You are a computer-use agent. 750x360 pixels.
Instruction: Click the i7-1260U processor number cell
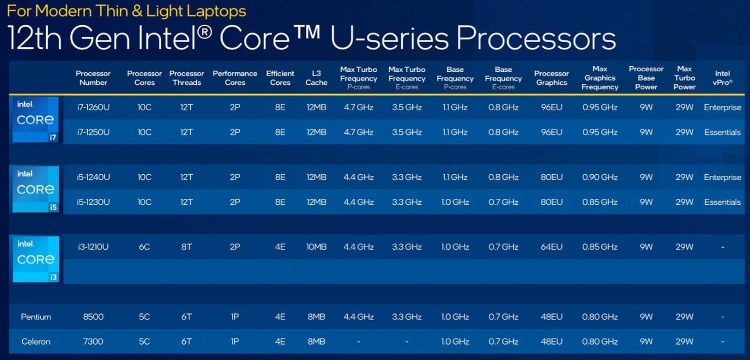click(93, 107)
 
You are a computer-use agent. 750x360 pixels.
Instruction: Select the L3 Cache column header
click(316, 78)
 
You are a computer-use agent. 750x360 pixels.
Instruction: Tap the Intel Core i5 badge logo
click(36, 189)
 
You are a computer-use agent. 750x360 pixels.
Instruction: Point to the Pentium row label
click(36, 317)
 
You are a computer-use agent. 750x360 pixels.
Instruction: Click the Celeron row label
click(36, 341)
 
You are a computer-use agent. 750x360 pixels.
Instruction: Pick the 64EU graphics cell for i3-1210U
click(552, 247)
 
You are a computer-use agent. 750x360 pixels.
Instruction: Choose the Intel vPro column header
click(722, 78)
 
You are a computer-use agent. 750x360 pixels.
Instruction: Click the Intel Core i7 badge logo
click(36, 119)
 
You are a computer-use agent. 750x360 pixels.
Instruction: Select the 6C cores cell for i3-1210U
click(144, 247)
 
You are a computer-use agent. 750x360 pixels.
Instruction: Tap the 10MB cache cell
click(316, 247)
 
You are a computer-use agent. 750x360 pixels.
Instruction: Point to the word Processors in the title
click(536, 38)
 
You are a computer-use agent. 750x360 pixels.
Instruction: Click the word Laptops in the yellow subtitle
click(217, 11)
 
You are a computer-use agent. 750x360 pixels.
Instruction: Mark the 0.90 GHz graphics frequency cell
click(600, 178)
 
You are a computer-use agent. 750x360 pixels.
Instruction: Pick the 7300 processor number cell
click(93, 341)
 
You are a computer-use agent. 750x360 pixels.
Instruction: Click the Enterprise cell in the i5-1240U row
click(722, 178)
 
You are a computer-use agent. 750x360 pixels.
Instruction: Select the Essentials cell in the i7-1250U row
click(722, 132)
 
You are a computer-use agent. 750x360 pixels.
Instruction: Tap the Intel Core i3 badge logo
click(36, 259)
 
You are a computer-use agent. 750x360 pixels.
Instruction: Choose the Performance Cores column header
click(235, 78)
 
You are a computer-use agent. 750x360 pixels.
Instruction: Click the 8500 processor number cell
click(93, 317)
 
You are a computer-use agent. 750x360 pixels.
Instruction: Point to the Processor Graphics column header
click(552, 78)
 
